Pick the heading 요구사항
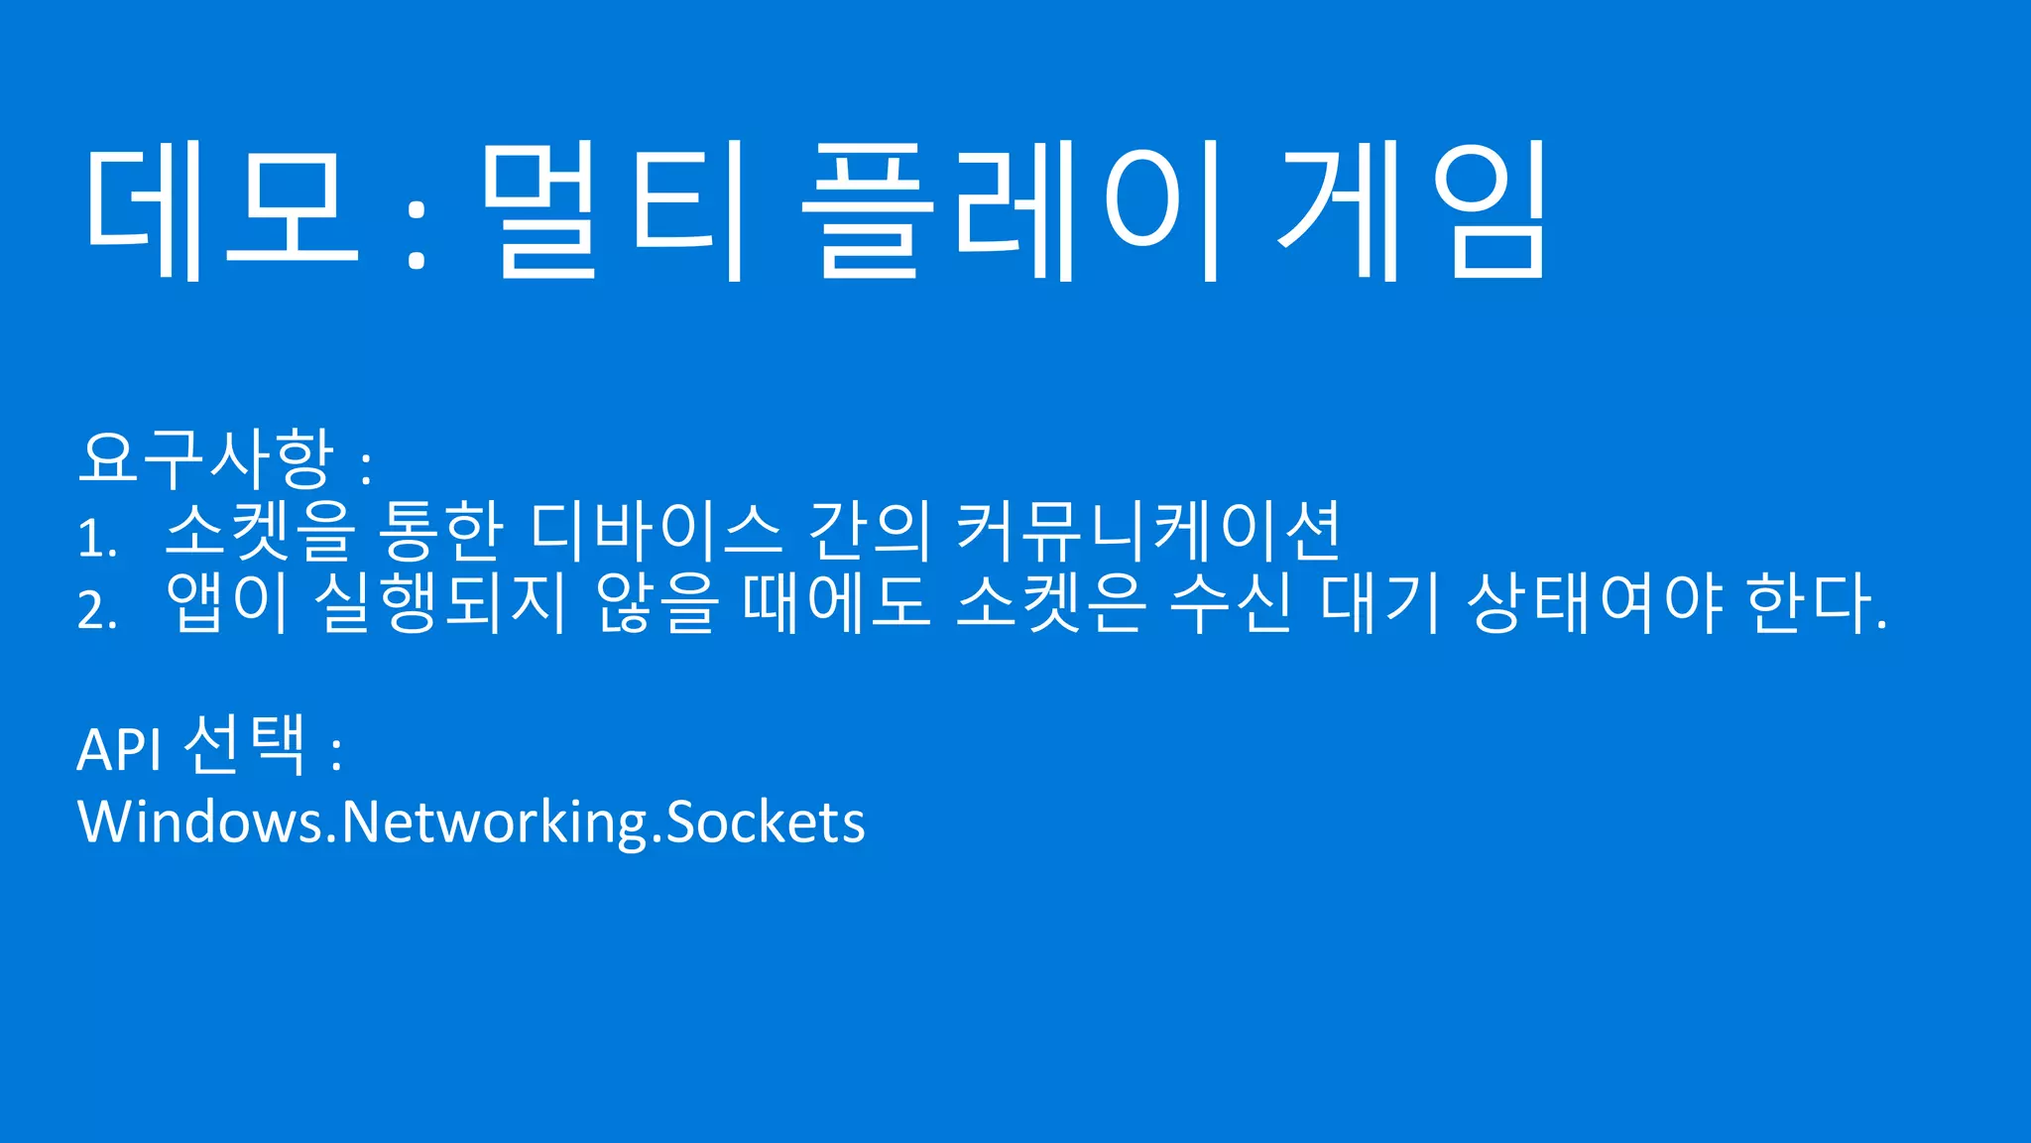pos(206,458)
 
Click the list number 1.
pos(95,539)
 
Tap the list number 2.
pos(96,609)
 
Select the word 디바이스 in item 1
pos(656,530)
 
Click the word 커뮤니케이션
pos(1148,530)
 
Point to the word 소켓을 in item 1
pos(260,530)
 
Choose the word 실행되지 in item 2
pos(440,602)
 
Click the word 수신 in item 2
pos(1231,602)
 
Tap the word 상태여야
pos(1594,602)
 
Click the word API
pos(119,750)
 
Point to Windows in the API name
pos(199,823)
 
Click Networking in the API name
pos(494,823)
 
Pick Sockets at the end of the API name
pos(766,823)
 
